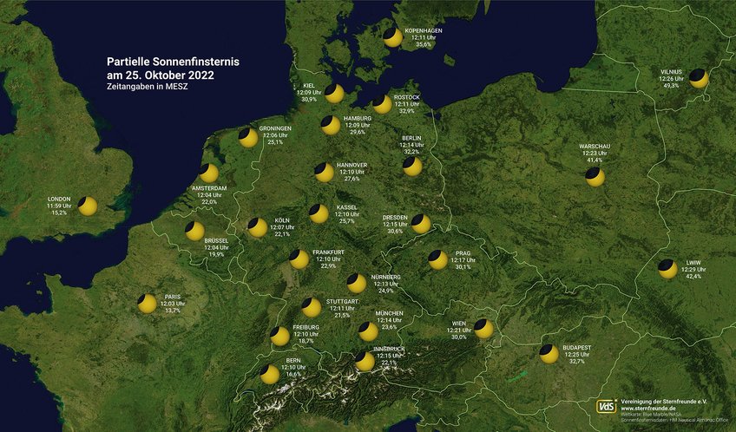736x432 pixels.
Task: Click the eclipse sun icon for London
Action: pyautogui.click(x=88, y=206)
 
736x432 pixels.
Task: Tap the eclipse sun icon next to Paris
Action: pyautogui.click(x=148, y=304)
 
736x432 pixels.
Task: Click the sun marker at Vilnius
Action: pyautogui.click(x=699, y=79)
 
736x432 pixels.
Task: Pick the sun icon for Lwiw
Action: pyautogui.click(x=667, y=269)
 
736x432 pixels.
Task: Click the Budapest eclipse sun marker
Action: pyautogui.click(x=549, y=353)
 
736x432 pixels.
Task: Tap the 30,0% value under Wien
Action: pyautogui.click(x=459, y=337)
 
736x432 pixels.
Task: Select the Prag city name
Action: pyautogui.click(x=463, y=253)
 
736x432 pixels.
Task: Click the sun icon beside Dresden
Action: pyautogui.click(x=421, y=225)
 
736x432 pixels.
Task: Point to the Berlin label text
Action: pyautogui.click(x=411, y=138)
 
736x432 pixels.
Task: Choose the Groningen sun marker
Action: pyautogui.click(x=248, y=137)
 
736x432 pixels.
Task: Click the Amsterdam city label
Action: pyautogui.click(x=209, y=188)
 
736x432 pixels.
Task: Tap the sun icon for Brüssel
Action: pyautogui.click(x=194, y=231)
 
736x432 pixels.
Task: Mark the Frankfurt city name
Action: pyautogui.click(x=328, y=252)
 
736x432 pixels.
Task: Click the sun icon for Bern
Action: pyautogui.click(x=270, y=374)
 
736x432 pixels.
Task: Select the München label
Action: pyautogui.click(x=389, y=313)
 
